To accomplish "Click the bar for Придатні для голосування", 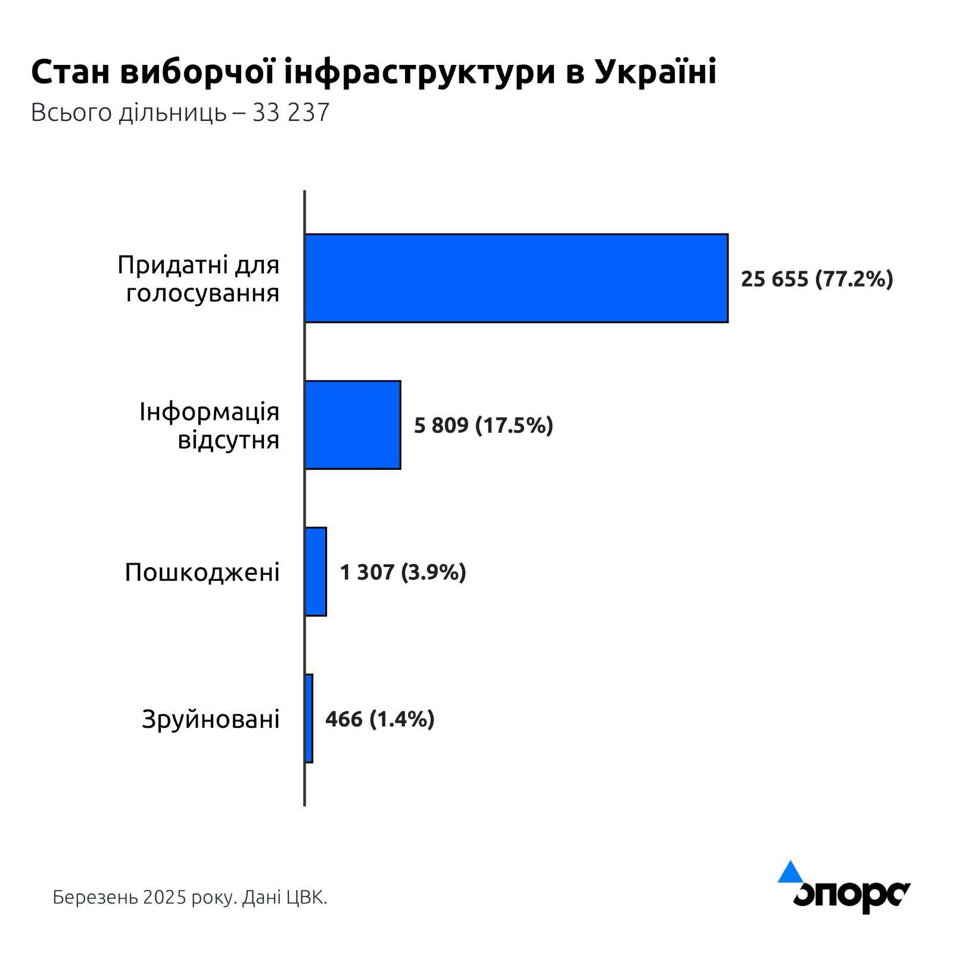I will click(516, 278).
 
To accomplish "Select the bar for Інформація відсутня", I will click(353, 425).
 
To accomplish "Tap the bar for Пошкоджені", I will click(316, 572).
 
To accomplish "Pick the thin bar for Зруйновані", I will click(309, 718).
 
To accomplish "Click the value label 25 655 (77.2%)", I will click(817, 279).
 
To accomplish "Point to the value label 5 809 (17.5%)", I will click(483, 425).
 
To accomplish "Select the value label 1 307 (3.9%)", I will click(403, 572).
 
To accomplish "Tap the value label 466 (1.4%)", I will click(379, 719).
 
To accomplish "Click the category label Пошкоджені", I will click(202, 572).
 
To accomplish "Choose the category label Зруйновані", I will click(210, 720).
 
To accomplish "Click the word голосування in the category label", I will click(203, 294).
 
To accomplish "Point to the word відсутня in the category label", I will click(229, 440).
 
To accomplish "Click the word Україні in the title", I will click(655, 73).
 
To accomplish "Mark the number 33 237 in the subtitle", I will click(291, 113).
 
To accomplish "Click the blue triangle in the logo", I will click(790, 872).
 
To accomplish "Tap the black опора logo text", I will click(851, 895).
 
